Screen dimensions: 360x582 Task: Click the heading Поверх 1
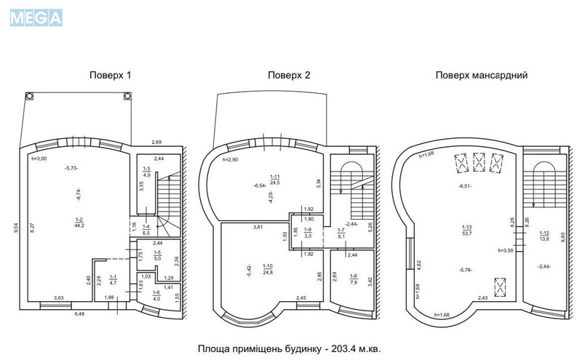110,75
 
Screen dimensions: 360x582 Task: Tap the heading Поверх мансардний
482,75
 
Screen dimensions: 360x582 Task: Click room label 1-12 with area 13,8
543,235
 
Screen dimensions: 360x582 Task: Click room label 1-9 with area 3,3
308,233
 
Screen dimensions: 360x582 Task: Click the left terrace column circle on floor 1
30,95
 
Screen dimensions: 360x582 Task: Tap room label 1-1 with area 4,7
113,280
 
